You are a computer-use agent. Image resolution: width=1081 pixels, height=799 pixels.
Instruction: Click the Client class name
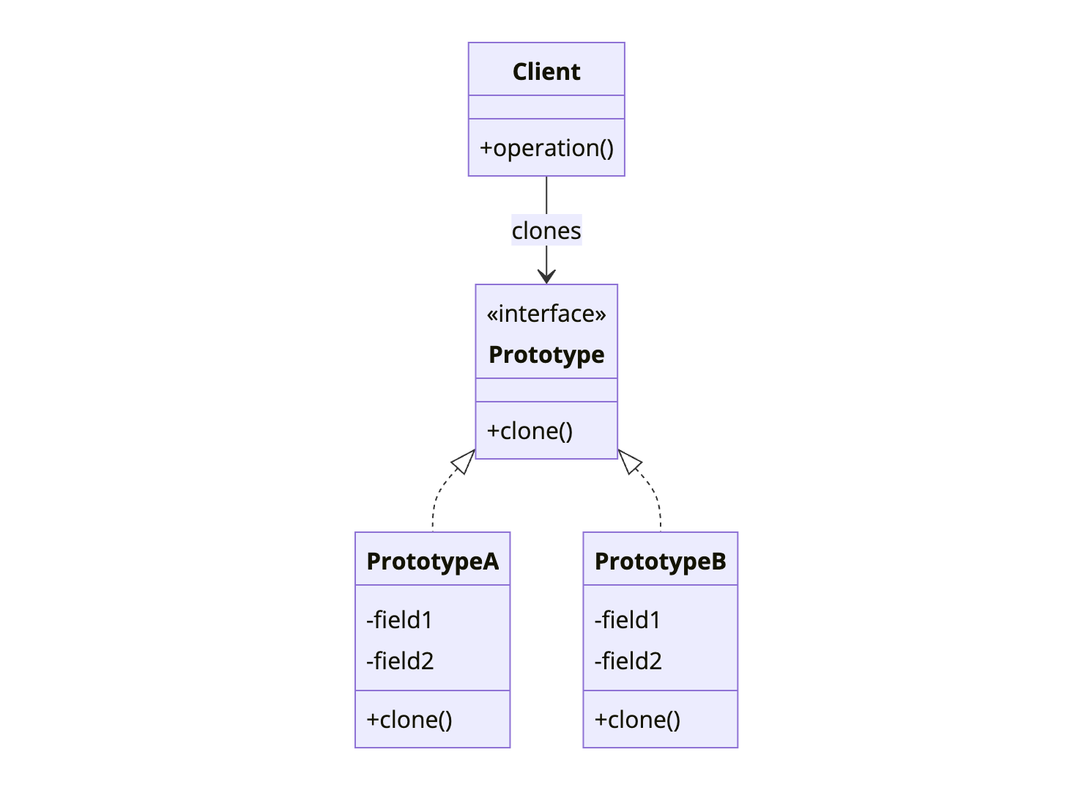[546, 72]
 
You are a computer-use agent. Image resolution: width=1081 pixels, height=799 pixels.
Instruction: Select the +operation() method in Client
[546, 148]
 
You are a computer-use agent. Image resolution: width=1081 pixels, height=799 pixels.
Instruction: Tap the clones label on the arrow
[546, 231]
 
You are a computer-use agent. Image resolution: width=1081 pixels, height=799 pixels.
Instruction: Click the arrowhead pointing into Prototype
[546, 276]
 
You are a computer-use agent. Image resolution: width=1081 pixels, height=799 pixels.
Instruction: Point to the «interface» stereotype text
[546, 314]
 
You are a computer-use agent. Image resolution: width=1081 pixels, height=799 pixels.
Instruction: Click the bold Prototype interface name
[546, 355]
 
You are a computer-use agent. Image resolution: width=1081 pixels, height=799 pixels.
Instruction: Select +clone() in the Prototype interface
[530, 431]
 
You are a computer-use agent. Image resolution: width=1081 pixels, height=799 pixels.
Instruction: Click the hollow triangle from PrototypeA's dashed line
[464, 461]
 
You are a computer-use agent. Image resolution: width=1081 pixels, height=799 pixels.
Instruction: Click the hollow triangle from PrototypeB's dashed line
[629, 461]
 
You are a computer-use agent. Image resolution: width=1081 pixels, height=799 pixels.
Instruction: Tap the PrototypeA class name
[432, 561]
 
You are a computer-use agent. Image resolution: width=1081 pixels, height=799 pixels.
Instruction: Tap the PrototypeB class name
[660, 561]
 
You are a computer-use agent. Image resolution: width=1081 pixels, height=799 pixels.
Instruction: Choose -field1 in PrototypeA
[399, 620]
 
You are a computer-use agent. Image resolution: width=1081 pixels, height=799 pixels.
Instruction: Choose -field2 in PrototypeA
[400, 661]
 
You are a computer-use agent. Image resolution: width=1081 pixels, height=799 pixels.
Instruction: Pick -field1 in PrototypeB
[628, 620]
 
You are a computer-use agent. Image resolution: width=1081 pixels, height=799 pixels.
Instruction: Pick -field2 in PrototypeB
[628, 661]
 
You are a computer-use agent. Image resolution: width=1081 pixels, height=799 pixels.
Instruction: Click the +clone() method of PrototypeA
[409, 720]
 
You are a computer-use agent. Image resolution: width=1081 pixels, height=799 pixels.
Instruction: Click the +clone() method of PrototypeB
[637, 720]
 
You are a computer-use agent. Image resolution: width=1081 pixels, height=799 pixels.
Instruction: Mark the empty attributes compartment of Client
[546, 107]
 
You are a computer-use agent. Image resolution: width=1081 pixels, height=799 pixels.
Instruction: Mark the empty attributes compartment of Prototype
[546, 390]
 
